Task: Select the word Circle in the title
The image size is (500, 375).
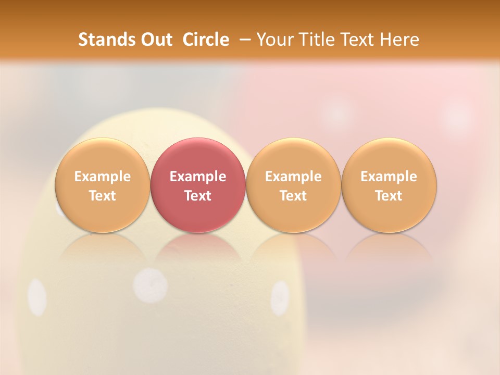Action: click(x=206, y=40)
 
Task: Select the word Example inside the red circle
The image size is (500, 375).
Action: click(x=198, y=177)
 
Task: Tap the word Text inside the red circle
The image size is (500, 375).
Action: click(x=198, y=196)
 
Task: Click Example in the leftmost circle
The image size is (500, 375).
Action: click(x=103, y=177)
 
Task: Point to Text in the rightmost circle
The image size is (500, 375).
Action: click(x=389, y=196)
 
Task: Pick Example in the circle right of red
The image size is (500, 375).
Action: click(x=293, y=177)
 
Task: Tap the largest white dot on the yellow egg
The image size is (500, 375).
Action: click(x=150, y=286)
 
